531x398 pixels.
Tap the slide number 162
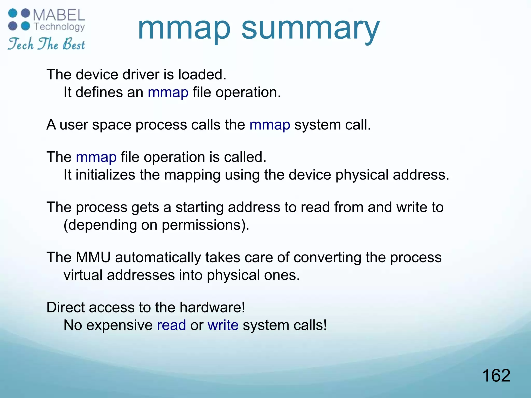tap(496, 375)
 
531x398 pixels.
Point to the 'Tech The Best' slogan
tap(46, 44)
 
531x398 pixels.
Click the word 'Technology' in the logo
tap(59, 27)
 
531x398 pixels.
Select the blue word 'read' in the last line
tap(171, 325)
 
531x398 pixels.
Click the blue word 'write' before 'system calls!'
tap(223, 325)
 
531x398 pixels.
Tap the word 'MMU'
tap(93, 257)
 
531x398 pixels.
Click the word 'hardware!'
tap(212, 307)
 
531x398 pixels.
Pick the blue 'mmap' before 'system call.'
tap(270, 125)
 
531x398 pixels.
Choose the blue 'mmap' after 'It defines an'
tap(168, 92)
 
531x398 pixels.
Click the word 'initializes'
tap(105, 175)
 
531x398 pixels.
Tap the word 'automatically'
tap(158, 257)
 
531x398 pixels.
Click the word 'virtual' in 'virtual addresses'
tap(83, 275)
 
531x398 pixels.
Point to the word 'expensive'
tap(119, 325)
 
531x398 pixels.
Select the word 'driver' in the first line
tap(140, 74)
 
